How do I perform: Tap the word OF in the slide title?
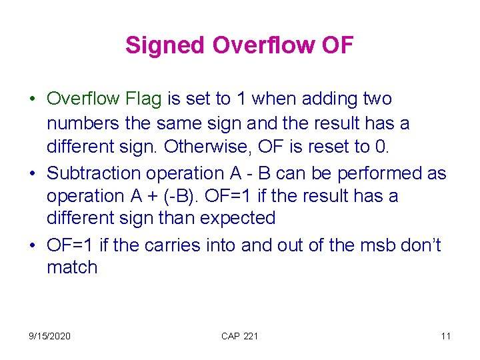pyautogui.click(x=337, y=46)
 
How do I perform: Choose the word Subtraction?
pyautogui.click(x=93, y=173)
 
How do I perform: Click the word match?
pyautogui.click(x=72, y=268)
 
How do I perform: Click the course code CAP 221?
pyautogui.click(x=239, y=336)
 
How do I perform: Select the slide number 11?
pyautogui.click(x=445, y=336)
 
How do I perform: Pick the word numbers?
pyautogui.click(x=80, y=123)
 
